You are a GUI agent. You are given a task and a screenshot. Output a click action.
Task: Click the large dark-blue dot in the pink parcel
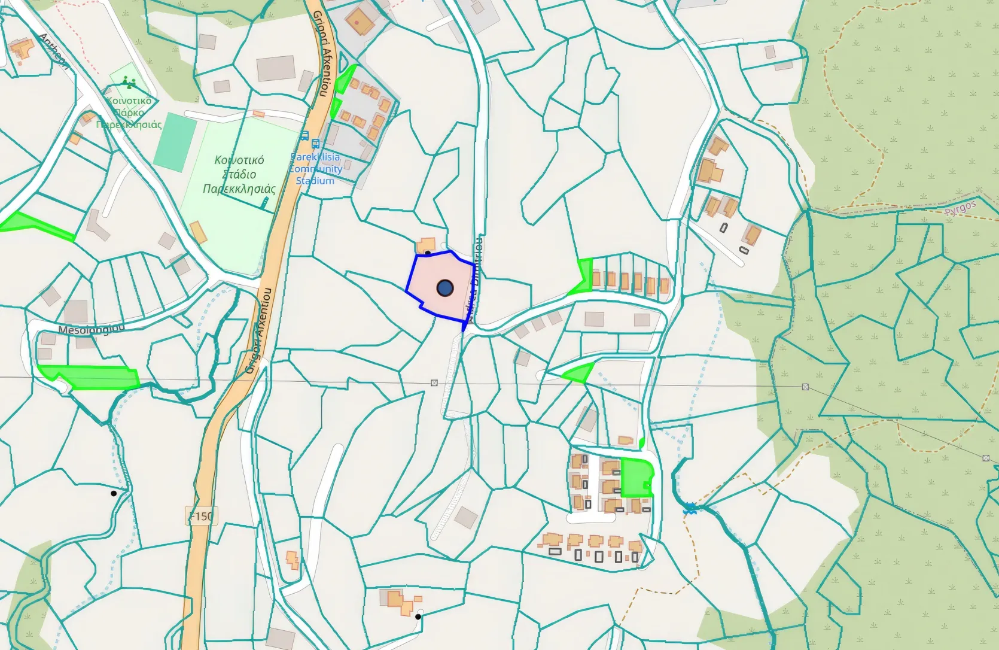click(444, 288)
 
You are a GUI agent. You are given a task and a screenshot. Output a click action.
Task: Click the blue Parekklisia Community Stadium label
click(316, 169)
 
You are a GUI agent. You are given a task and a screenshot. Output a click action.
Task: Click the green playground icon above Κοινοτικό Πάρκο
click(127, 83)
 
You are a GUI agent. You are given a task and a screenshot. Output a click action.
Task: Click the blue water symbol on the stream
click(691, 509)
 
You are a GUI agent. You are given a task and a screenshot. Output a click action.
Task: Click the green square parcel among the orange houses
click(636, 477)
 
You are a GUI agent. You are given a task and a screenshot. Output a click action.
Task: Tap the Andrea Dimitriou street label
click(477, 278)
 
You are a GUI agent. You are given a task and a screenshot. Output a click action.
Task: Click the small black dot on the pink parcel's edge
click(428, 253)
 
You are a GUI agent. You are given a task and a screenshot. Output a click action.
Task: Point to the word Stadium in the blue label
click(315, 180)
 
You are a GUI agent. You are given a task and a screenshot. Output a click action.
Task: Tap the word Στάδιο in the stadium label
click(239, 175)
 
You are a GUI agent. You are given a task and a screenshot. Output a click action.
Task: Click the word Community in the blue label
click(316, 169)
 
